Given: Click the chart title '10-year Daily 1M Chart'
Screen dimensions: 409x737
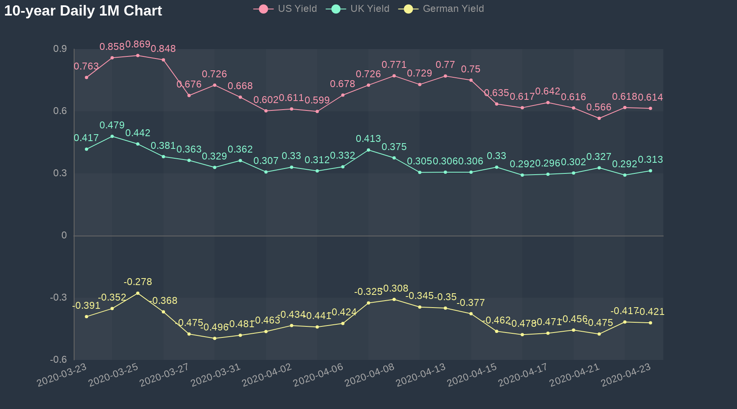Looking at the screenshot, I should click(83, 11).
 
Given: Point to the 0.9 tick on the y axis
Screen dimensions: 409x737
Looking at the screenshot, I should click(60, 49).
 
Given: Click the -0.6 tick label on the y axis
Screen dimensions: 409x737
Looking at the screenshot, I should click(59, 360).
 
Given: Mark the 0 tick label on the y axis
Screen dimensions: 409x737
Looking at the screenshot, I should click(64, 235).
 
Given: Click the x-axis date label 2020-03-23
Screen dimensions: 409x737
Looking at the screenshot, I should click(62, 375).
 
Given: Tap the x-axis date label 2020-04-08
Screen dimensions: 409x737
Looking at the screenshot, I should click(370, 375).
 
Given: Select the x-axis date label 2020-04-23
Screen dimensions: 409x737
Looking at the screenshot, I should click(626, 375).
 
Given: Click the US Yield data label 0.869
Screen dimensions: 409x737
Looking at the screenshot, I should click(138, 44).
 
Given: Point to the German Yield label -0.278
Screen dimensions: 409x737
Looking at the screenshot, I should click(138, 282).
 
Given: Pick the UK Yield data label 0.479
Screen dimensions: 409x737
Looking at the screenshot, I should click(112, 125).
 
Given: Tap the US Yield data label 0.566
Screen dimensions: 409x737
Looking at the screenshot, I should click(599, 107).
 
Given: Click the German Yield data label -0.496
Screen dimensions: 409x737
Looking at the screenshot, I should click(215, 327).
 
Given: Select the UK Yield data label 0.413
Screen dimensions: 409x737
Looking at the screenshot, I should click(368, 139).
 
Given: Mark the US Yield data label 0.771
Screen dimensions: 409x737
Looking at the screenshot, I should click(394, 65).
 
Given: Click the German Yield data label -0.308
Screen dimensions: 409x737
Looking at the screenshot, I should click(395, 288).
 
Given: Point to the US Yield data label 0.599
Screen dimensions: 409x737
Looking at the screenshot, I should click(317, 100).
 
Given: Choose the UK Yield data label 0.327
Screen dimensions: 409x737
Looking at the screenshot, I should click(599, 157).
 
